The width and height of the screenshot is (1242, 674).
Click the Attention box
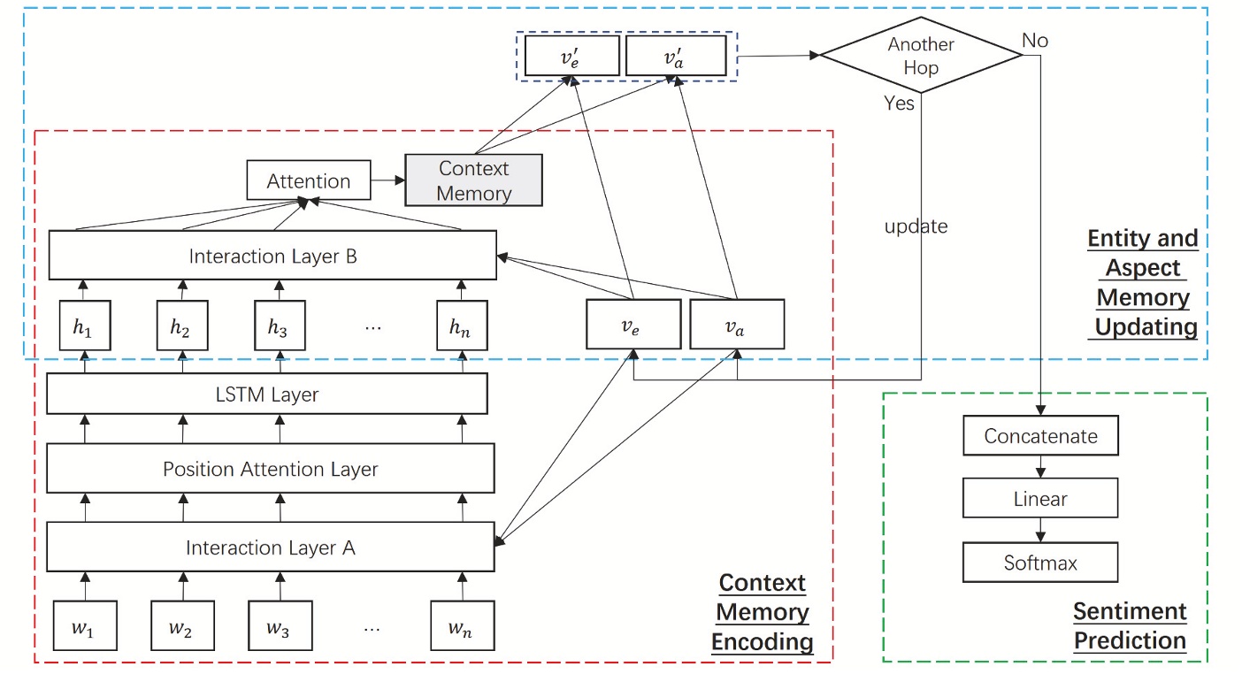309,181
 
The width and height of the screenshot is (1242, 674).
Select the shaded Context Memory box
474,180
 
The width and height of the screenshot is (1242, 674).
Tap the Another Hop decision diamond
921,55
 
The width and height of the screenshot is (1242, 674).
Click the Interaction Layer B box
272,256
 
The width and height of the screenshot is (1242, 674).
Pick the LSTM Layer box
266,394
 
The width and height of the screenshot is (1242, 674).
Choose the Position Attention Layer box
270,469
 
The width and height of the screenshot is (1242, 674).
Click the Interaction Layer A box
270,548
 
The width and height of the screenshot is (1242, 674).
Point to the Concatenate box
1040,436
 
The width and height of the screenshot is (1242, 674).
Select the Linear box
1040,499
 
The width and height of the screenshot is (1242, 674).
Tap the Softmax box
1040,563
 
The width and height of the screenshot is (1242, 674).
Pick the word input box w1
83,629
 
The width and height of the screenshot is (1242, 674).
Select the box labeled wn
461,629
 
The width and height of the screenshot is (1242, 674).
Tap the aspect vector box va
736,324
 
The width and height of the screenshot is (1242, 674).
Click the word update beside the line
916,226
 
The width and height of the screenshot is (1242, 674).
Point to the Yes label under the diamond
899,103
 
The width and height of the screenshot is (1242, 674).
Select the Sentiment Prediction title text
1130,625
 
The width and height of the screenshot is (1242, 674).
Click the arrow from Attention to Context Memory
387,181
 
